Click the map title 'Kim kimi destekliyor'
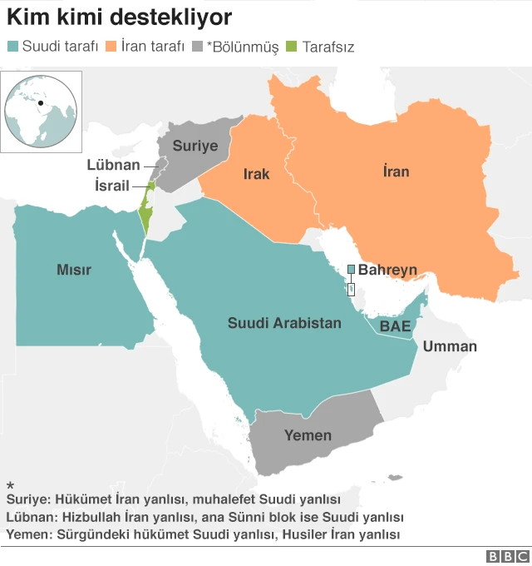[x=120, y=17]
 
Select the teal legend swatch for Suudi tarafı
[x=12, y=47]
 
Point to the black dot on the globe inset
[x=40, y=102]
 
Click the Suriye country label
[x=195, y=146]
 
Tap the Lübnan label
[x=113, y=165]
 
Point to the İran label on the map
[x=396, y=171]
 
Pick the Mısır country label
[x=73, y=270]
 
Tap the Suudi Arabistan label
[x=284, y=322]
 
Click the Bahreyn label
[x=387, y=270]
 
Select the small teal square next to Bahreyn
[x=351, y=269]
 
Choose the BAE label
[x=395, y=326]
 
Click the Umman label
[x=450, y=346]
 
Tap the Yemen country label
[x=308, y=434]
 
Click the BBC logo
[x=507, y=556]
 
